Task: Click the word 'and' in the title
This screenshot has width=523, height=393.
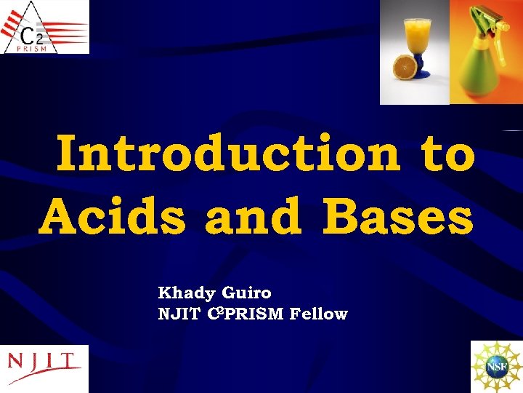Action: pyautogui.click(x=254, y=216)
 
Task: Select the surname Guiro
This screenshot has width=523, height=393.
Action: pyautogui.click(x=247, y=293)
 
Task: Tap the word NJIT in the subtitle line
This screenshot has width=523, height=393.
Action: pyautogui.click(x=176, y=314)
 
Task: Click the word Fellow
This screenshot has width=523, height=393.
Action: pyautogui.click(x=318, y=314)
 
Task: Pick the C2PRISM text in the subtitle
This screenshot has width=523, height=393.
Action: pyautogui.click(x=246, y=314)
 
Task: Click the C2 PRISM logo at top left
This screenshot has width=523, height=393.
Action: pyautogui.click(x=44, y=27)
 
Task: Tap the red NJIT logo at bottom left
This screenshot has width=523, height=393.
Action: pyautogui.click(x=44, y=362)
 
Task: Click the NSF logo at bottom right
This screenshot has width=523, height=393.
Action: pyautogui.click(x=497, y=367)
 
